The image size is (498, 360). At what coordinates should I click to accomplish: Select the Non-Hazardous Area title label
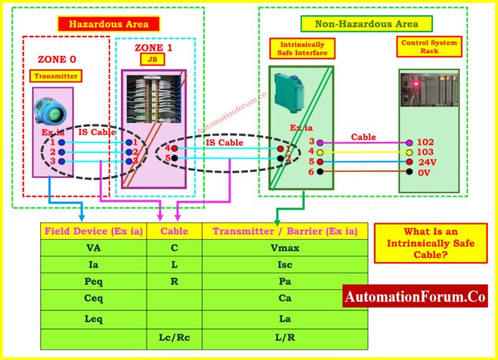point(366,24)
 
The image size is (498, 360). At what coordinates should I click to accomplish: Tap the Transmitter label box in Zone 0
point(55,76)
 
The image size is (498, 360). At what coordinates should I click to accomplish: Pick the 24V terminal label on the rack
point(426,162)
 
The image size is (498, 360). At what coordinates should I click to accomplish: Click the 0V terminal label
point(424,172)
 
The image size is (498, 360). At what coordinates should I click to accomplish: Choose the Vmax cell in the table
point(284,248)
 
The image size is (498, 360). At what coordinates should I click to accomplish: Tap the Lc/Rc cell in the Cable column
point(174,336)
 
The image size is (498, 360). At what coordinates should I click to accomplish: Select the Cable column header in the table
point(174,231)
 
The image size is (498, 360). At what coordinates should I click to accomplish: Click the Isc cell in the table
point(284,265)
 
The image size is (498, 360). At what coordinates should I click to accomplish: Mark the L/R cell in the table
point(284,336)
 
